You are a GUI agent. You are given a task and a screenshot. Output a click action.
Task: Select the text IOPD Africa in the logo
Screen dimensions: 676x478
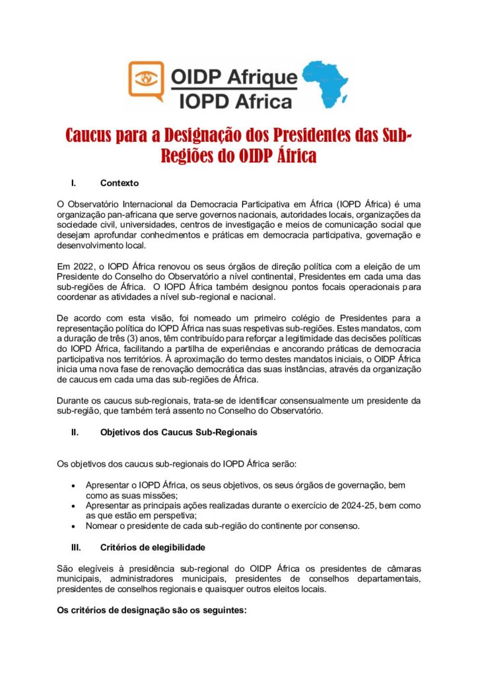pos(236,101)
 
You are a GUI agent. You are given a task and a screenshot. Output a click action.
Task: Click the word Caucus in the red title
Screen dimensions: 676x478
pos(91,135)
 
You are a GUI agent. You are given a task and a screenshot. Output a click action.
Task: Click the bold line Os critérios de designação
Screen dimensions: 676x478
pos(152,611)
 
